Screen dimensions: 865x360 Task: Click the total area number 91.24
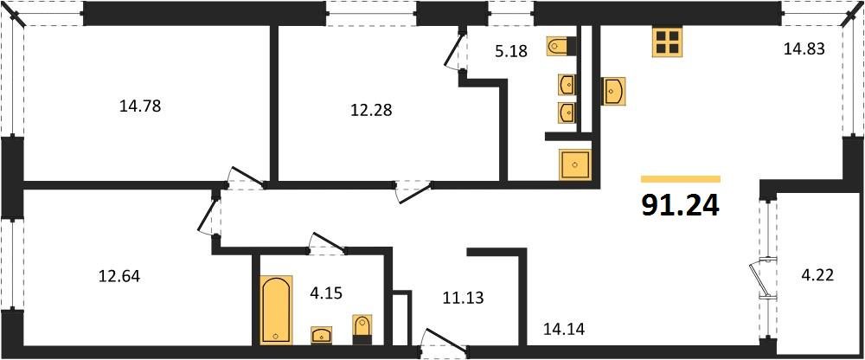[x=681, y=205]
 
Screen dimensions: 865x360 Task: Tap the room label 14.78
[x=140, y=106]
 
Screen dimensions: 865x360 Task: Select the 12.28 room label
[x=371, y=111]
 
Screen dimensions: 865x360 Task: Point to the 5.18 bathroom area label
[x=512, y=51]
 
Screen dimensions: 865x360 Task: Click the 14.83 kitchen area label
[x=804, y=49]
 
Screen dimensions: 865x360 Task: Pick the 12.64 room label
[x=119, y=275]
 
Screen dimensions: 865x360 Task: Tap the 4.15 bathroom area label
[x=326, y=292]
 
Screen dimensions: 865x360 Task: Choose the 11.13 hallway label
[x=463, y=299]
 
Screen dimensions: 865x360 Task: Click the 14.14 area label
[x=564, y=330]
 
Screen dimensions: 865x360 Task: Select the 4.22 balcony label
[x=817, y=273]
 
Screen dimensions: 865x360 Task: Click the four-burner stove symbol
[x=667, y=42]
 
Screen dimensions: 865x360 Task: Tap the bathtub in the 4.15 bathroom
[x=277, y=310]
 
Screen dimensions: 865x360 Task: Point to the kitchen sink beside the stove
[x=613, y=91]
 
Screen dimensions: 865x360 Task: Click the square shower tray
[x=575, y=164]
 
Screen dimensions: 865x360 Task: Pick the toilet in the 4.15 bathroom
[x=362, y=329]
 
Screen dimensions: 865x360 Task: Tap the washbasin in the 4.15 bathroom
[x=322, y=335]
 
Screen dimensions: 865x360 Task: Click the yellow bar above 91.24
[x=681, y=179]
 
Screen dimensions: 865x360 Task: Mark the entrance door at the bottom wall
[x=444, y=341]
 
